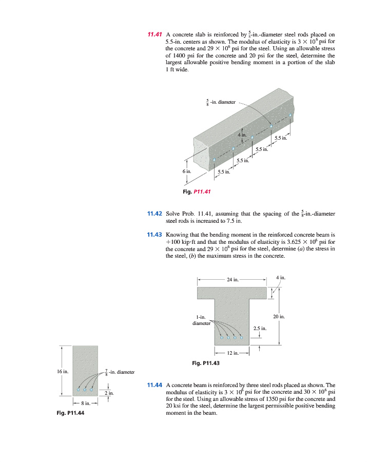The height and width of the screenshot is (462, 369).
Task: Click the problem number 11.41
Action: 154,35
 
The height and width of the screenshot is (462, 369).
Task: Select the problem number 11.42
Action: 154,214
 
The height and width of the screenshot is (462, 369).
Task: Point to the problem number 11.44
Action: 154,384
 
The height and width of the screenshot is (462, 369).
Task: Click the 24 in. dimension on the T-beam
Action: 232,280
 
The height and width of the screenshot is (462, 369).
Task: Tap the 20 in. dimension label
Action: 279,317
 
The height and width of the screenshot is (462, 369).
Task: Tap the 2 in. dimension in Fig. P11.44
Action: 108,393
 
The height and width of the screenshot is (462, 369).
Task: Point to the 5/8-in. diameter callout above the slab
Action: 220,102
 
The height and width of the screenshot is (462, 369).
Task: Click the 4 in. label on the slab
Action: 242,134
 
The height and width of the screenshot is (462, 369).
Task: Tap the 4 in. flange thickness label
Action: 280,278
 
